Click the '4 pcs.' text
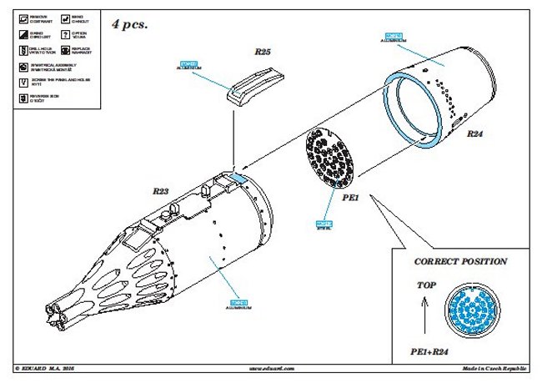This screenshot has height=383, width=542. click(x=130, y=24)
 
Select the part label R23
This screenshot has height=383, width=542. click(x=161, y=191)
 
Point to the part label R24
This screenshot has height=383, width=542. click(x=474, y=134)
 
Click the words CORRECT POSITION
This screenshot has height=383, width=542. click(x=460, y=261)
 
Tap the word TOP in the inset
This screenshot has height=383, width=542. click(x=425, y=285)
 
